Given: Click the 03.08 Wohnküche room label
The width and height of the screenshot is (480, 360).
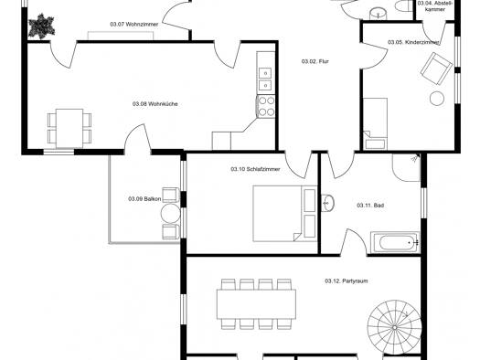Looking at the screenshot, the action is click(x=155, y=104).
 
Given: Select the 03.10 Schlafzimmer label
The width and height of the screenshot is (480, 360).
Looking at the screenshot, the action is click(x=255, y=169).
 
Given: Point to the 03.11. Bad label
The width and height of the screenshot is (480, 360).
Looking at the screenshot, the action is click(x=370, y=206).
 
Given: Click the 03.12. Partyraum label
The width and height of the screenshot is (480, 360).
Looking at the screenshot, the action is click(x=347, y=281).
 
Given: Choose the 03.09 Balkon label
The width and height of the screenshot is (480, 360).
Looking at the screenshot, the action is click(x=144, y=199).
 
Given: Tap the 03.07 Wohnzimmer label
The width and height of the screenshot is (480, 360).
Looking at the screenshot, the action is click(x=134, y=24).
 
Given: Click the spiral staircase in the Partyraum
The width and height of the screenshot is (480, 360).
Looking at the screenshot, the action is click(x=394, y=327).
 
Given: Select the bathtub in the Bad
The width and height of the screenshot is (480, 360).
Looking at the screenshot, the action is click(x=395, y=243).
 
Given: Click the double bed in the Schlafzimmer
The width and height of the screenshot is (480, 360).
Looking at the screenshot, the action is click(x=284, y=214).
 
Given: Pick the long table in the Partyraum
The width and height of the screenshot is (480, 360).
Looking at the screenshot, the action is click(x=256, y=304).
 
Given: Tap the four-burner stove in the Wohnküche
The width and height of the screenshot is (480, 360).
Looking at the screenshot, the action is click(x=266, y=106).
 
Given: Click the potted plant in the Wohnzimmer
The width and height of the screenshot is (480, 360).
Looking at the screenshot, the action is click(x=41, y=26).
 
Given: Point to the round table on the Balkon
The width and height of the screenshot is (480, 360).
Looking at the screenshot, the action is click(x=170, y=214).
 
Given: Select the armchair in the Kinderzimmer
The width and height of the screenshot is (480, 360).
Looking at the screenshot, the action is click(x=436, y=69).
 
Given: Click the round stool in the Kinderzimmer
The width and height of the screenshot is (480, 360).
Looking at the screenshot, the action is click(x=437, y=99).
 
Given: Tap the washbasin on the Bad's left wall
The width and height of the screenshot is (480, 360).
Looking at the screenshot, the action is click(x=328, y=203).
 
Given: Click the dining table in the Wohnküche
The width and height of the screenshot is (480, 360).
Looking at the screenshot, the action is click(x=69, y=129).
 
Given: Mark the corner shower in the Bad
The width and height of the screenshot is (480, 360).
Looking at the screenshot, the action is click(x=406, y=167).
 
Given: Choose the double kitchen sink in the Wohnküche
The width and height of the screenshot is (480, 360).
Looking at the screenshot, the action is click(x=265, y=79).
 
